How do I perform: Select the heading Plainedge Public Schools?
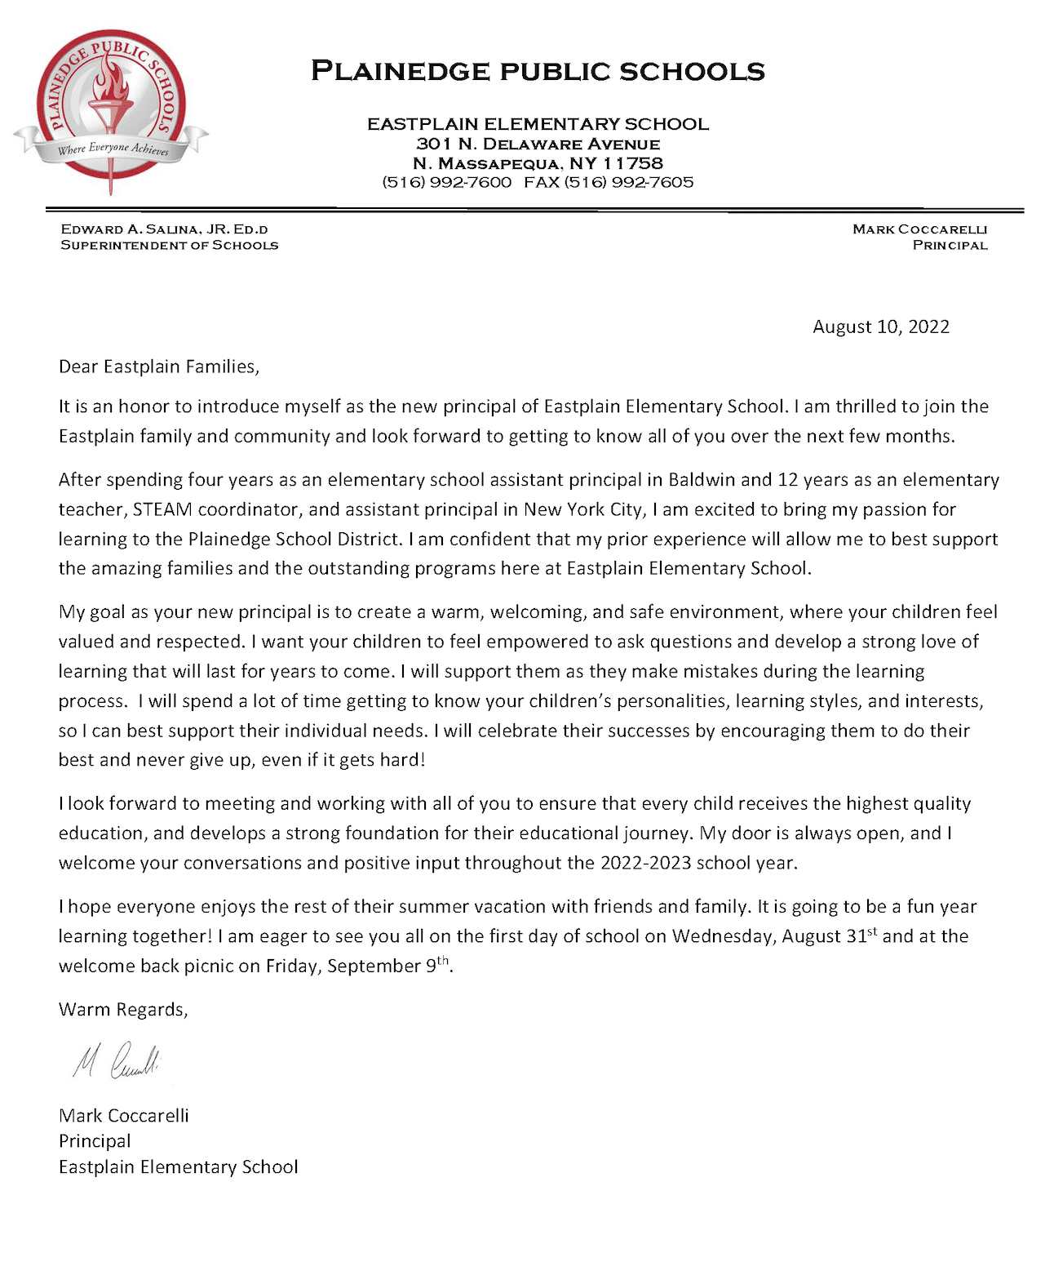point(538,71)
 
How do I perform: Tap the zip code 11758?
point(633,163)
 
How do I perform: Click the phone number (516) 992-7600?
point(447,182)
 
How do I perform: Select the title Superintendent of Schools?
point(169,245)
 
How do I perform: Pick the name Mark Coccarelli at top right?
point(919,229)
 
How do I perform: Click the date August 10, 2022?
point(881,327)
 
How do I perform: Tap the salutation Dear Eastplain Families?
point(159,367)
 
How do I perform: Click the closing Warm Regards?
point(123,1010)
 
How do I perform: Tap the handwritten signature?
point(117,1060)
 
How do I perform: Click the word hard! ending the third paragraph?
point(402,760)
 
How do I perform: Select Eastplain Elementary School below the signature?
point(179,1167)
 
